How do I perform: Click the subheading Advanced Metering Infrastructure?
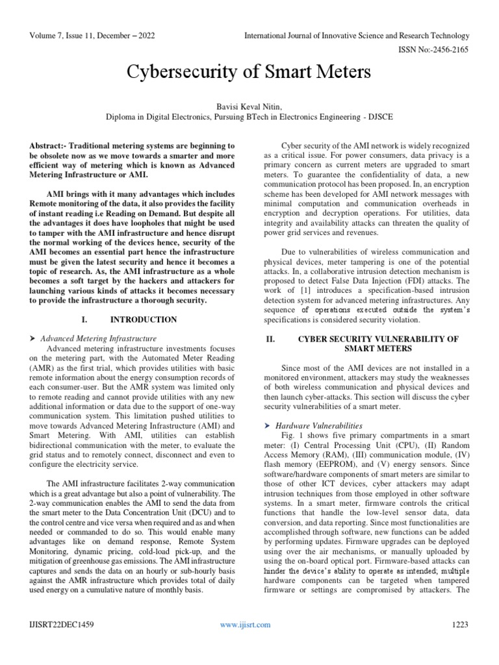tap(98, 338)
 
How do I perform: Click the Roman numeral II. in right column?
tap(272, 339)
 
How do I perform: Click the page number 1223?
tap(460, 624)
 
